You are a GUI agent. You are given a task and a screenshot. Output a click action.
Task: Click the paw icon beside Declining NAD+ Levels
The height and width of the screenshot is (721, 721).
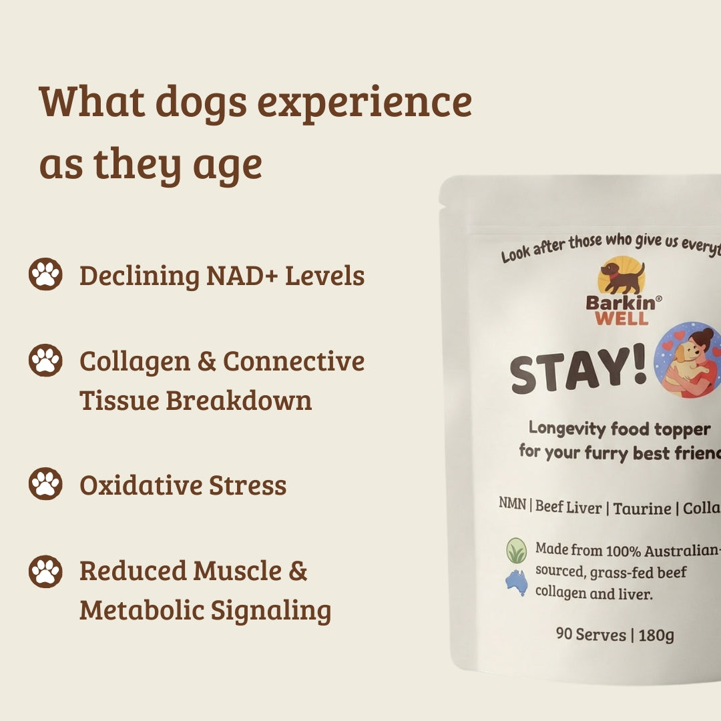tap(45, 274)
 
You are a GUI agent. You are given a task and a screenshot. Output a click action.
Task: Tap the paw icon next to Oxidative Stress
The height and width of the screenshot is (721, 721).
tap(45, 484)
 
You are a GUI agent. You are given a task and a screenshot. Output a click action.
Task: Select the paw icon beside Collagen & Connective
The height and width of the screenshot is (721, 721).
tap(45, 360)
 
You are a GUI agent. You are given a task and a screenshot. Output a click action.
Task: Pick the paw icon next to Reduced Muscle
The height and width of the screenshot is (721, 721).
tap(45, 571)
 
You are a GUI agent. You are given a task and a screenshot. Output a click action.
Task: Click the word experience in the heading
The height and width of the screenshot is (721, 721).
tap(365, 103)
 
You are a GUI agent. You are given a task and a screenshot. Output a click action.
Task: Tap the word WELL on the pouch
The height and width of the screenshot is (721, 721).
tap(621, 318)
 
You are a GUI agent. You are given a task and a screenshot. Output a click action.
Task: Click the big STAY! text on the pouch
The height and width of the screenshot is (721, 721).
tap(578, 373)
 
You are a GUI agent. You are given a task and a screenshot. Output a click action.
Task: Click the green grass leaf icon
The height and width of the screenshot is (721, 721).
tap(516, 551)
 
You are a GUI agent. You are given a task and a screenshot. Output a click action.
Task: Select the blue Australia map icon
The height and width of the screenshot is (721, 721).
tap(516, 583)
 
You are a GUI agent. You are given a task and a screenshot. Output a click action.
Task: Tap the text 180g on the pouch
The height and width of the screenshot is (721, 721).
tap(656, 635)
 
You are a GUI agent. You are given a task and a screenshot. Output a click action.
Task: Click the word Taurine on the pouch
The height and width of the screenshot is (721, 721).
tap(642, 509)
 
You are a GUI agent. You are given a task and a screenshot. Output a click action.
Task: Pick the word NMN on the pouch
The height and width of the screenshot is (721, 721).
tap(511, 505)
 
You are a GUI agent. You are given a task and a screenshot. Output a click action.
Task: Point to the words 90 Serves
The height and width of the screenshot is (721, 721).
tap(591, 634)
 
